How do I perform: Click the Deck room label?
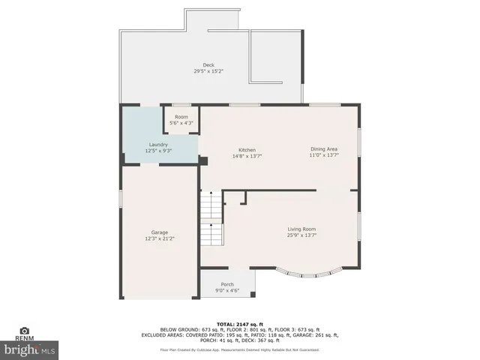209,65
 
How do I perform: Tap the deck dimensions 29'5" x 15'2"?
209,71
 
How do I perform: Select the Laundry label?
158,144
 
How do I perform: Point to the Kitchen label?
247,149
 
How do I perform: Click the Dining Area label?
324,149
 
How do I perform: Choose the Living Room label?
302,229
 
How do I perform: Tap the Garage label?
159,232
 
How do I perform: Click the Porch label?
227,284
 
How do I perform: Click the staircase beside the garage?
211,218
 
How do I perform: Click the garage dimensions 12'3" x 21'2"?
159,239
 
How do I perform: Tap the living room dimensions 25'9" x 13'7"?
302,235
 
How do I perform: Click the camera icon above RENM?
24,330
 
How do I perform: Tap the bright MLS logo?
30,349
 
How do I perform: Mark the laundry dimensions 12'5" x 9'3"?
158,151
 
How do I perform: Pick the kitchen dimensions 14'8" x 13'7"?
247,156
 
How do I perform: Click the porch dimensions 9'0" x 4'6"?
227,291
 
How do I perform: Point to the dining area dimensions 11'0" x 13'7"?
324,156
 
